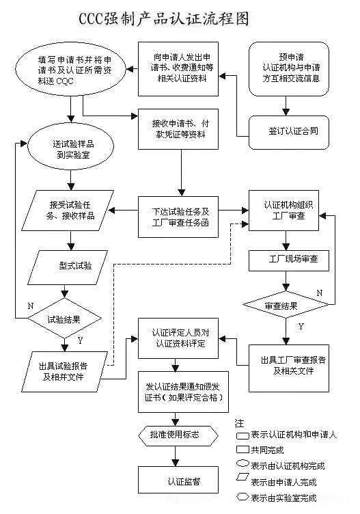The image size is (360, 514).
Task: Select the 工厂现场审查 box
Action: coord(288,260)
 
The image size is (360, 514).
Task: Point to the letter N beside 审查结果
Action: coord(320,293)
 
